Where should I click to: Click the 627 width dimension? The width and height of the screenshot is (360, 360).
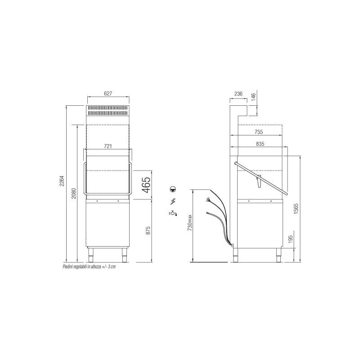(108, 94)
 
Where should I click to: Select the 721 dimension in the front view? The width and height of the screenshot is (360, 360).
(108, 146)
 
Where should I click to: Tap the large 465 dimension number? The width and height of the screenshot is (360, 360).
(146, 185)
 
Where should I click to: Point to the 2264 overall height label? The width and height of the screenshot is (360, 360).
(62, 181)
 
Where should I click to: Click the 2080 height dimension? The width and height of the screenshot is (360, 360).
(73, 193)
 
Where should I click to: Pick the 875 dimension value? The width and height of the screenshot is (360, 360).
(148, 230)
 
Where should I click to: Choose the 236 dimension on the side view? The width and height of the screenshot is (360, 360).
(238, 94)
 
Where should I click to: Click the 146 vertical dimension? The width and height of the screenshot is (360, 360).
(253, 97)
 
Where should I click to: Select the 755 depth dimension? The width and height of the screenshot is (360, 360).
(259, 132)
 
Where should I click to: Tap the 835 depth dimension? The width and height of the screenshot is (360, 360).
(260, 144)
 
